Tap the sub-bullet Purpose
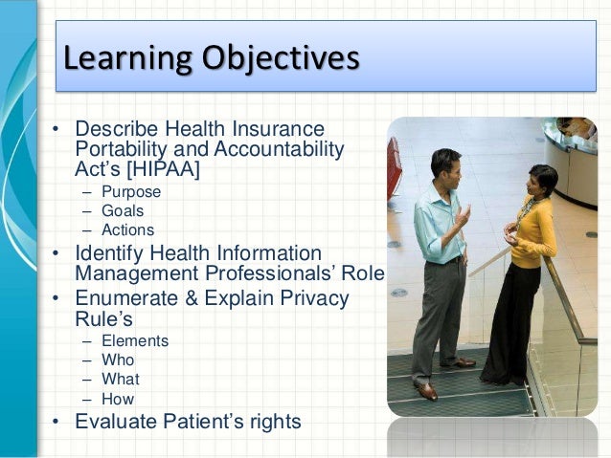click(130, 191)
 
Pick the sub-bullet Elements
click(134, 340)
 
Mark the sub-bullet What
click(120, 380)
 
